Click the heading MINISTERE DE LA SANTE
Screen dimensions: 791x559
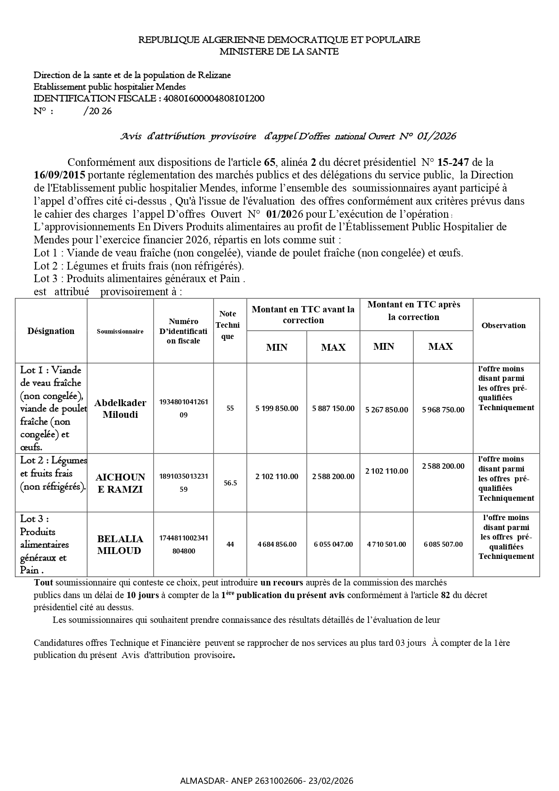pyautogui.click(x=279, y=51)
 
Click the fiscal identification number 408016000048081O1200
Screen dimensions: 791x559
pyautogui.click(x=214, y=98)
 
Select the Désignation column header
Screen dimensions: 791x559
pyautogui.click(x=51, y=331)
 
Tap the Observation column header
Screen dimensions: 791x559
pyautogui.click(x=503, y=325)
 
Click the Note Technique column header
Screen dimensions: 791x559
pyautogui.click(x=227, y=325)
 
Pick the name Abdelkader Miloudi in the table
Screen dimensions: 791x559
pyautogui.click(x=120, y=408)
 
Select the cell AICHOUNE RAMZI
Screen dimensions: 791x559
pyautogui.click(x=120, y=483)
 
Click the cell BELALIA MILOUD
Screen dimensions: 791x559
pyautogui.click(x=120, y=544)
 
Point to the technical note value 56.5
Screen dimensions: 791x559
pyautogui.click(x=230, y=483)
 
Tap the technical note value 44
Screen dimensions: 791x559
pyautogui.click(x=230, y=544)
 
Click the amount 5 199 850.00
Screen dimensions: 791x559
pyautogui.click(x=277, y=408)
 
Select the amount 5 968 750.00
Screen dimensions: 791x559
pyautogui.click(x=443, y=410)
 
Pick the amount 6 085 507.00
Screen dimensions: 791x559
pyautogui.click(x=443, y=544)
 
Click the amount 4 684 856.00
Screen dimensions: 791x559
pyautogui.click(x=277, y=544)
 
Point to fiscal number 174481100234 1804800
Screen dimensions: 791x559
pyautogui.click(x=183, y=544)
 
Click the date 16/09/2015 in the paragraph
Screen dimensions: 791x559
pyautogui.click(x=59, y=175)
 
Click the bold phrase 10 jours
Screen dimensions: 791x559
pyautogui.click(x=142, y=595)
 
